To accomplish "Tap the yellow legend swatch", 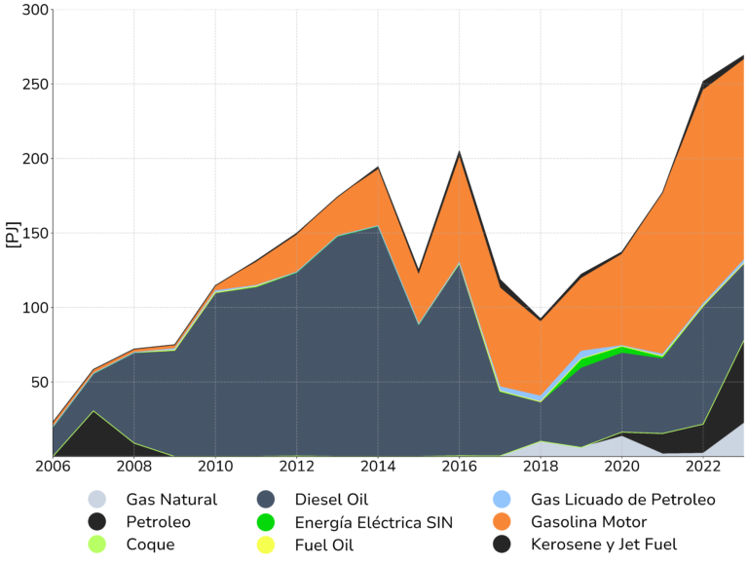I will click(268, 547).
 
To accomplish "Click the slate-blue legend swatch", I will click(267, 500).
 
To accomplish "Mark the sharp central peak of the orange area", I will click(459, 156).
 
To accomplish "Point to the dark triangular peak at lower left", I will click(93, 415).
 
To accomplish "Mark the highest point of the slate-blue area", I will click(377, 229).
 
